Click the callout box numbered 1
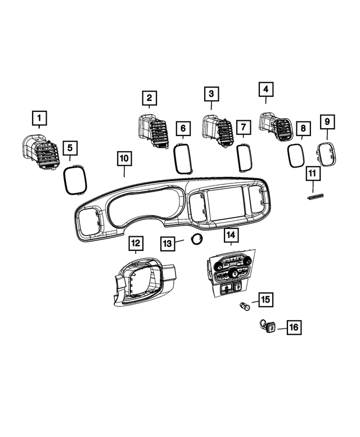click(x=39, y=119)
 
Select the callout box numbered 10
click(x=124, y=158)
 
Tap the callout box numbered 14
click(x=231, y=235)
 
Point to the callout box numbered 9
click(x=327, y=121)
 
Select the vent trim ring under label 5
click(x=74, y=179)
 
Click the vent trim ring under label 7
click(x=244, y=157)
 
